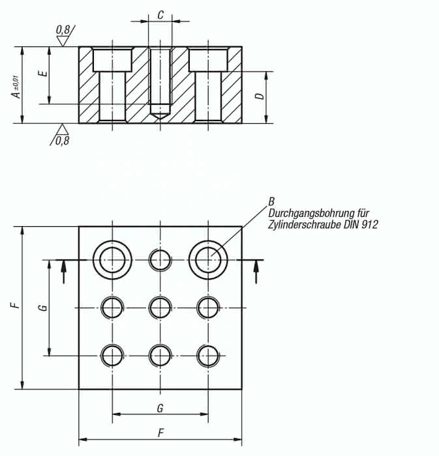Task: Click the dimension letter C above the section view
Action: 160,15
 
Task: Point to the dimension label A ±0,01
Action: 16,87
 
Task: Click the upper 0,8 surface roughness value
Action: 63,30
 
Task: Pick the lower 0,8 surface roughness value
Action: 63,141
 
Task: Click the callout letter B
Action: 271,201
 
